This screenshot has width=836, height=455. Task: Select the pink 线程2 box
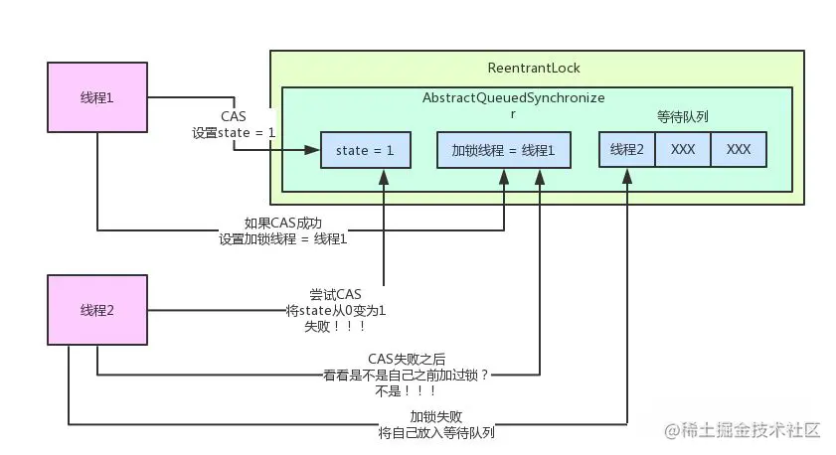coord(96,310)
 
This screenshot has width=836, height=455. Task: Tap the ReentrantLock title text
coord(534,69)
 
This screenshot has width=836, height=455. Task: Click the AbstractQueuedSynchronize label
coord(513,99)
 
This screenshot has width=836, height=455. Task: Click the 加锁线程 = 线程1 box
coord(503,150)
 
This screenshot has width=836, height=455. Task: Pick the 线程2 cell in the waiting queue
coord(627,150)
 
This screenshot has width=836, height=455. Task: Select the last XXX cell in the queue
coord(739,150)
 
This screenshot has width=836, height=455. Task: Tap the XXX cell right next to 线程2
coord(683,150)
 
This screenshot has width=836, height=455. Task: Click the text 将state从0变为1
coord(335,311)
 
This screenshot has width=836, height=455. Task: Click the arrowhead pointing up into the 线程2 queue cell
coord(627,173)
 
